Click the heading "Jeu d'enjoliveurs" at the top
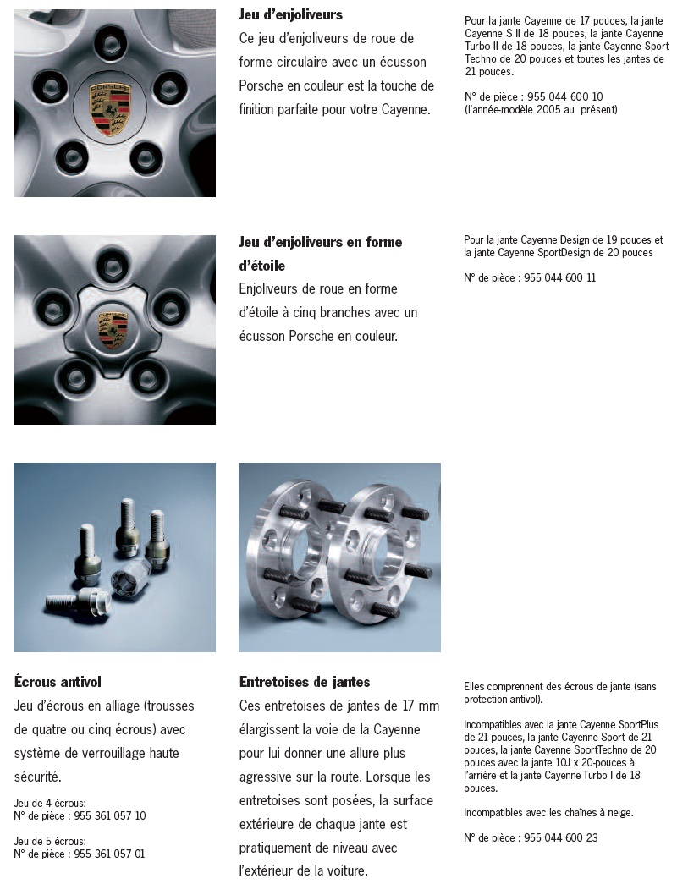coord(290,14)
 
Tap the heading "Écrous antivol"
coord(58,682)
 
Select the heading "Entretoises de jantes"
coord(304,682)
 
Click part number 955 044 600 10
coord(564,97)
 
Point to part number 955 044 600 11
coord(560,277)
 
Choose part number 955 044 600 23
coord(560,838)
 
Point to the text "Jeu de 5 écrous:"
coord(50,841)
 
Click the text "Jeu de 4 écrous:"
coord(50,803)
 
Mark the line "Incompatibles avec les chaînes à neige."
coord(548,813)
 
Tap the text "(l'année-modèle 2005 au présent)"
coord(541,110)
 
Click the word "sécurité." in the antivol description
coord(38,777)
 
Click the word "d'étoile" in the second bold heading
coord(261,266)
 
